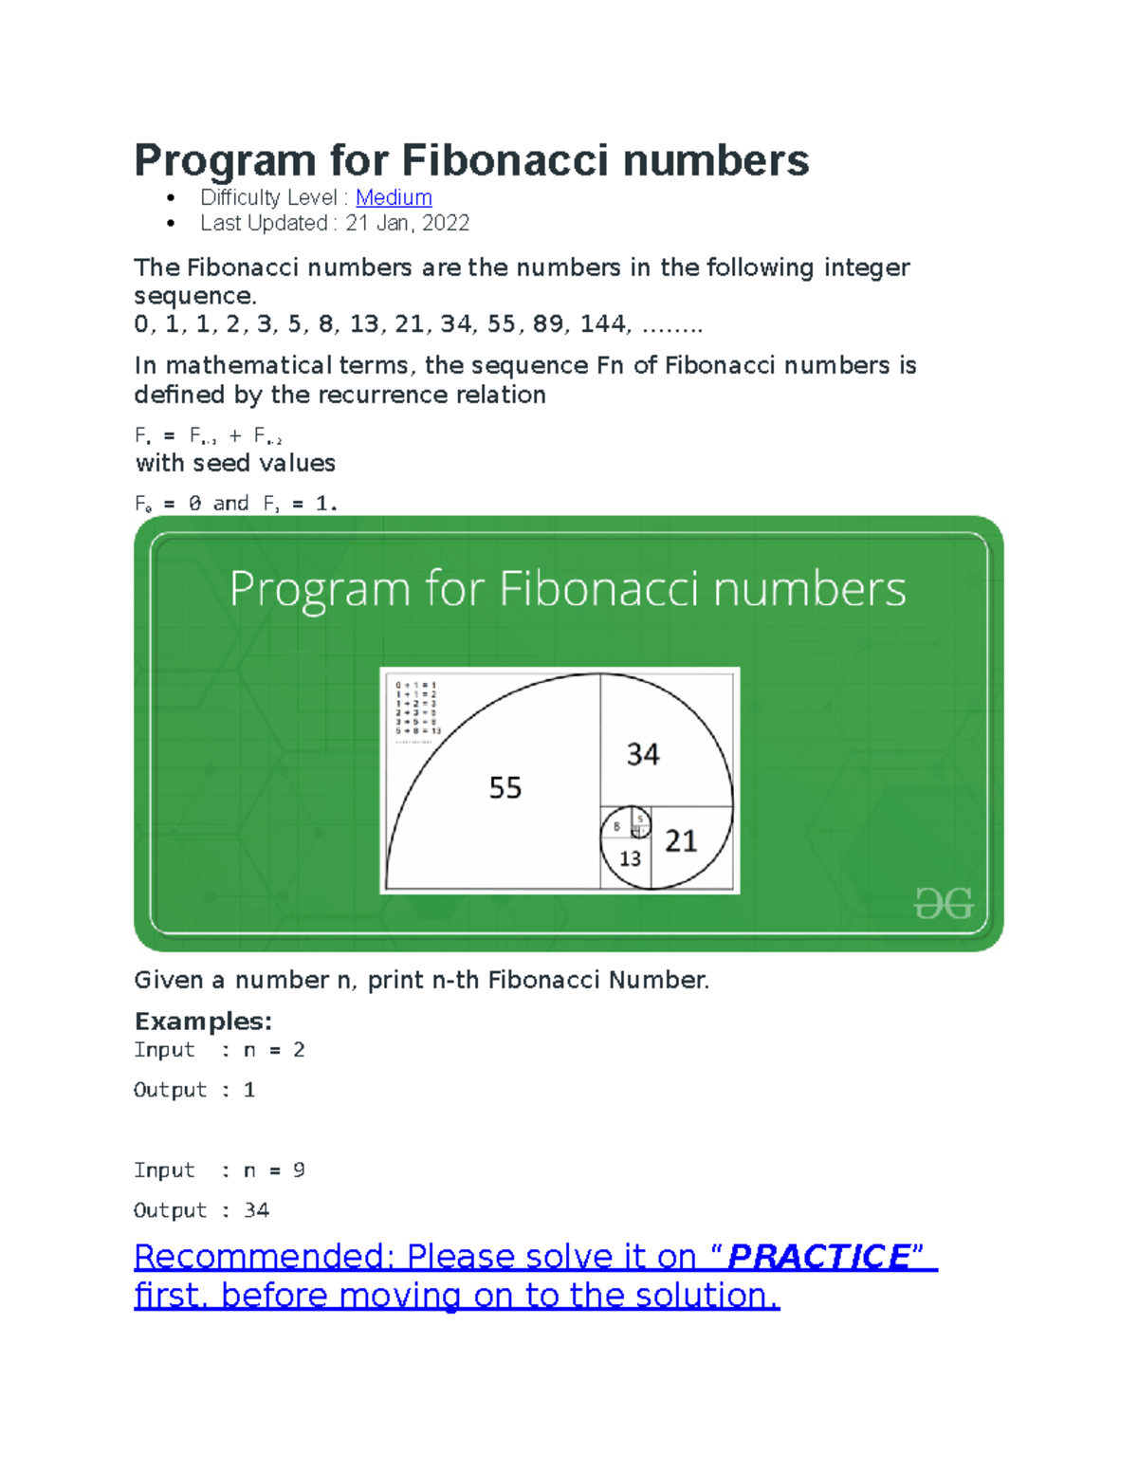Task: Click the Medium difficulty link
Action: [x=394, y=197]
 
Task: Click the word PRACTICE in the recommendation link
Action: [x=818, y=1256]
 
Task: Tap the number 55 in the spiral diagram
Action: [x=505, y=787]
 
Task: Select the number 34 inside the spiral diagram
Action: [x=643, y=754]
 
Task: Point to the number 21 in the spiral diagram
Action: [x=680, y=840]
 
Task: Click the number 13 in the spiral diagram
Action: [x=630, y=858]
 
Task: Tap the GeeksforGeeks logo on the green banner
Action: [x=943, y=903]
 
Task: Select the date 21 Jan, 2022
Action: [x=407, y=223]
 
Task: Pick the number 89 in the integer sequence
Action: [x=547, y=323]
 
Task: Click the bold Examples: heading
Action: [x=203, y=1021]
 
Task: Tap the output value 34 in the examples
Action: [x=256, y=1209]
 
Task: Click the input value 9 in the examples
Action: [x=299, y=1169]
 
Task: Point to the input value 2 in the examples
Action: [x=299, y=1049]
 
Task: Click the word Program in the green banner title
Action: [x=321, y=590]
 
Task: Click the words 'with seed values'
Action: [x=235, y=463]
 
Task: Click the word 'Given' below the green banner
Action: [x=169, y=980]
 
